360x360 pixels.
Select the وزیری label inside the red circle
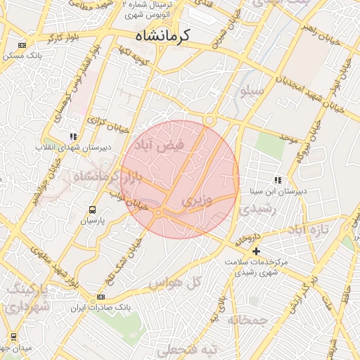[x=196, y=201]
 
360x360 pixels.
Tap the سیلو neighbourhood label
[x=252, y=91]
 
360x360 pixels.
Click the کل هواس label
[x=175, y=282]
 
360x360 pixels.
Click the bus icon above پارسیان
[x=93, y=210]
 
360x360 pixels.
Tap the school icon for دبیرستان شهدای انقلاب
[x=73, y=136]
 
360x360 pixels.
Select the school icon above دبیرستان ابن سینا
[x=278, y=180]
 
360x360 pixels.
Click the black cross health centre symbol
[x=257, y=250]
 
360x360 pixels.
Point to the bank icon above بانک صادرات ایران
[x=101, y=297]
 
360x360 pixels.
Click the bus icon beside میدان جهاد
[x=14, y=337]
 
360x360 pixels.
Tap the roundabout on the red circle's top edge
[x=210, y=121]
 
